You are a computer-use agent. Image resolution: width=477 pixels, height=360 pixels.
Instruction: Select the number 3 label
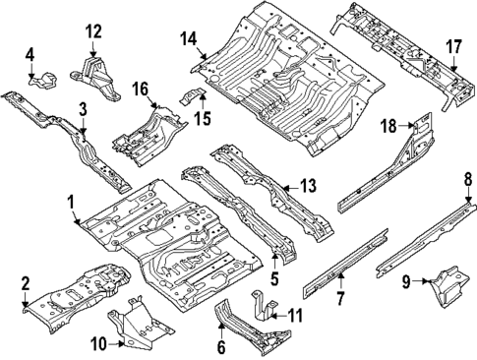pos(84,108)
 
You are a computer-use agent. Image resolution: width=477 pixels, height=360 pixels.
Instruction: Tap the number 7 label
pos(340,298)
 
